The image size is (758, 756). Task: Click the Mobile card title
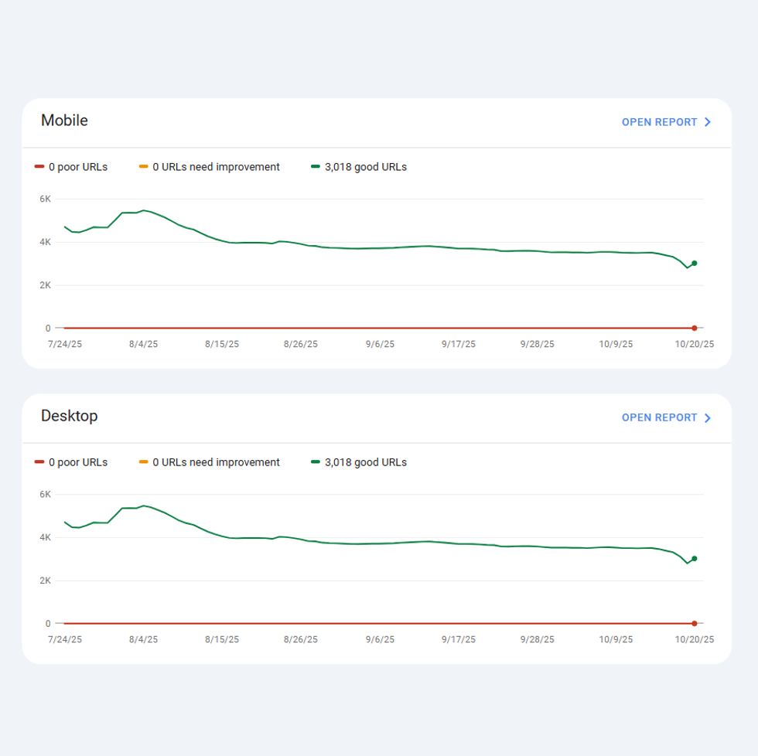click(64, 121)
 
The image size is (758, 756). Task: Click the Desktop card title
click(69, 416)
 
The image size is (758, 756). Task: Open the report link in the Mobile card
click(666, 122)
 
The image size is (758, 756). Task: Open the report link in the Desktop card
click(666, 417)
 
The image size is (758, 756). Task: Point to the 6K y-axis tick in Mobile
click(46, 199)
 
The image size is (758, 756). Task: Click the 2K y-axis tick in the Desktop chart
click(46, 581)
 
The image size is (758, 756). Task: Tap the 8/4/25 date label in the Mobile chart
click(143, 344)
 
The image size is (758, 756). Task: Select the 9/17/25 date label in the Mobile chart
click(459, 344)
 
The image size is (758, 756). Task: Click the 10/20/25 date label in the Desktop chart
click(695, 639)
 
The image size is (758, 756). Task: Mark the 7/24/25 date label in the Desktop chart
click(65, 639)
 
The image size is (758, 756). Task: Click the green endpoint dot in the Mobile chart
click(695, 264)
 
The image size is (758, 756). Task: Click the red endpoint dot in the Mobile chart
click(695, 329)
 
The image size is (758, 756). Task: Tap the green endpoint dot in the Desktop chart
click(695, 559)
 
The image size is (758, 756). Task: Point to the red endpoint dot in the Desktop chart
click(695, 624)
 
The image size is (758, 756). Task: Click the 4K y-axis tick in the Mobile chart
click(46, 242)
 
